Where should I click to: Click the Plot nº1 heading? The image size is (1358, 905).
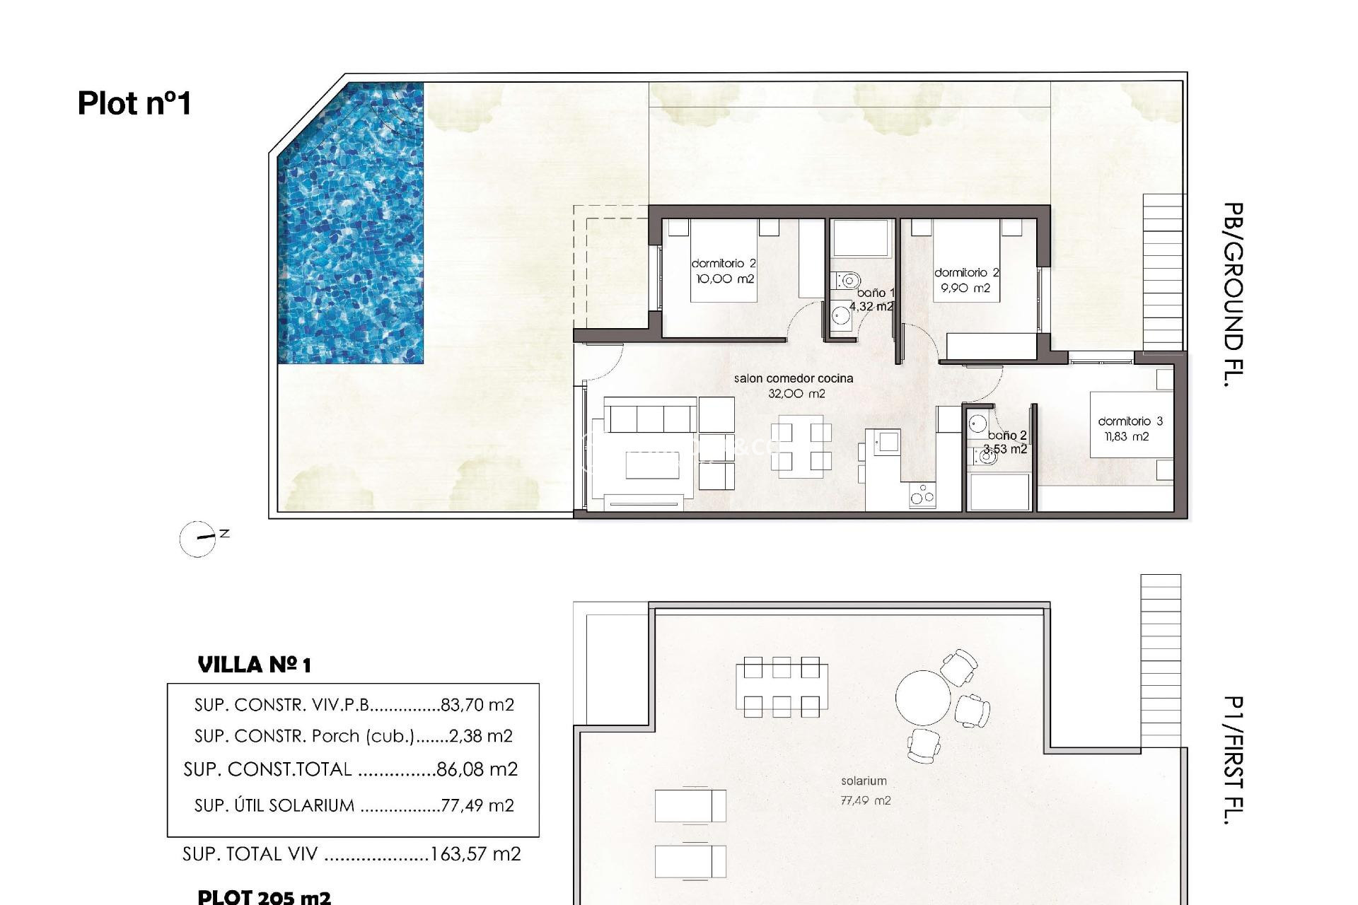(134, 103)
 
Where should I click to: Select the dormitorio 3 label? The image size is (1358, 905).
(1130, 421)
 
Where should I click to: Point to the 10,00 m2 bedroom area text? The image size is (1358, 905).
(725, 279)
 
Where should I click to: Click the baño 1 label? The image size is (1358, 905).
(876, 293)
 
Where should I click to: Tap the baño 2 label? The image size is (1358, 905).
(1007, 436)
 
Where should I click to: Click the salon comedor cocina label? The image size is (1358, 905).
(794, 379)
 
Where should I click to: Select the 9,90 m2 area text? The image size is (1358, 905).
(965, 288)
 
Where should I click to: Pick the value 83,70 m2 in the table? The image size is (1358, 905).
(477, 705)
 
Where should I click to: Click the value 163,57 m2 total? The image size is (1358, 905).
(475, 854)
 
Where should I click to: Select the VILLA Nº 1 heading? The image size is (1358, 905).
(254, 665)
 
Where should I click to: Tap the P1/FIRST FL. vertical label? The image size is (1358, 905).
(1233, 760)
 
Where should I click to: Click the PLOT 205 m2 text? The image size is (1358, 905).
(264, 897)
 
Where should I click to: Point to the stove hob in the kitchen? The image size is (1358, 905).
(922, 495)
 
